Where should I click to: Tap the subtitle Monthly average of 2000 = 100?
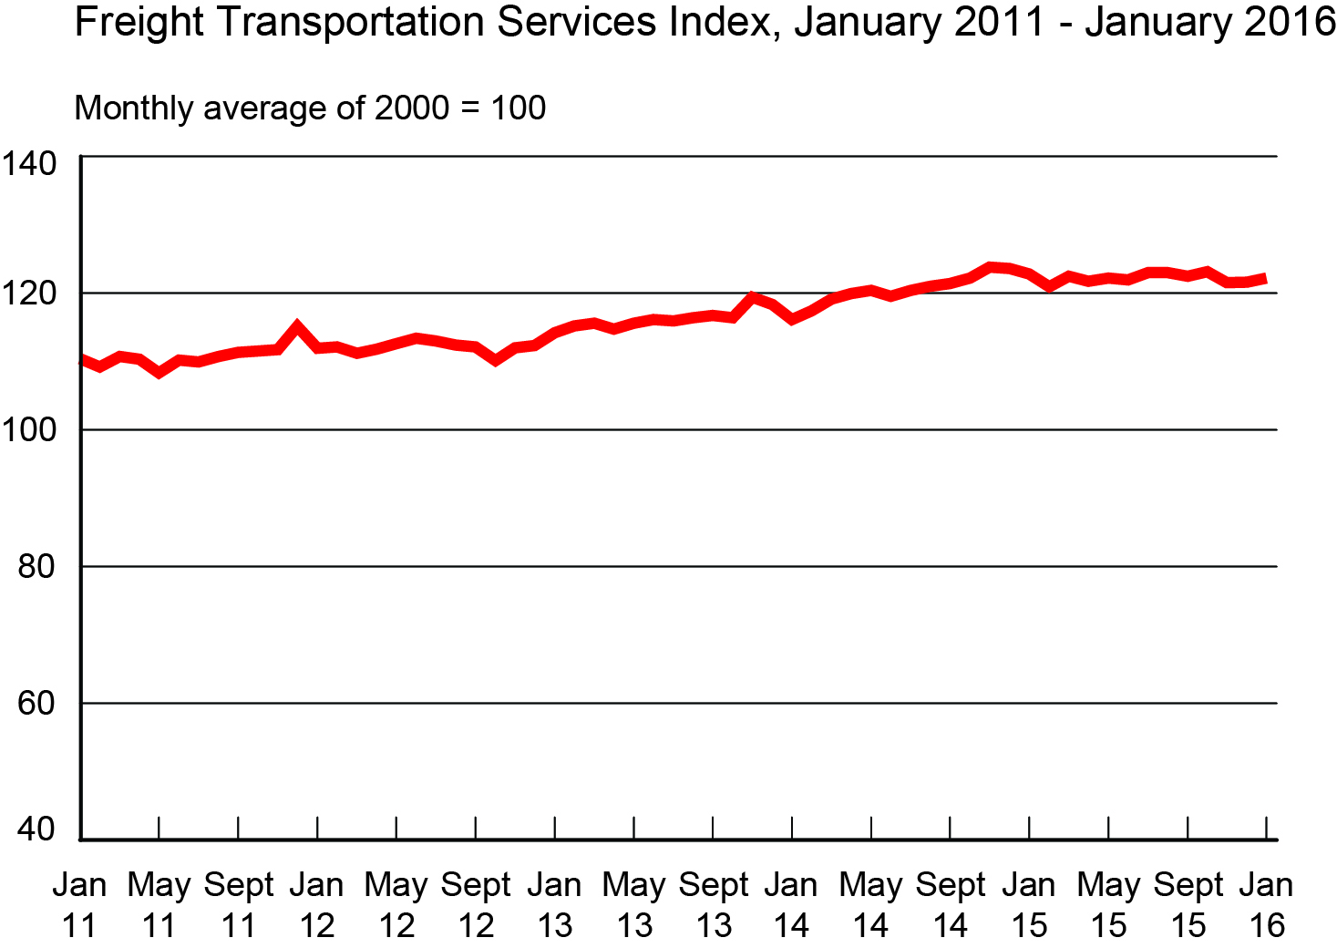coord(310,108)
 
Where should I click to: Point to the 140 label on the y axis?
coord(30,164)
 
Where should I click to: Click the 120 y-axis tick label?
coord(30,294)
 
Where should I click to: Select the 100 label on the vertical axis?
coord(30,429)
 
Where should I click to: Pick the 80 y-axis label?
coord(36,566)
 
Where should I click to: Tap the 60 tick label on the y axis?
coord(36,703)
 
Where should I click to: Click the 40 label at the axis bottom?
coord(36,829)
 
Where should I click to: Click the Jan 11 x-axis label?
coord(80,904)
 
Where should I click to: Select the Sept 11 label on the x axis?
coord(239,904)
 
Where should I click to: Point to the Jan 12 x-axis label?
coord(317,904)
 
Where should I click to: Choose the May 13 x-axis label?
coord(634,904)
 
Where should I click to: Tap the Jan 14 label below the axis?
coord(791,904)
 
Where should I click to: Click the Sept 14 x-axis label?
coord(951,904)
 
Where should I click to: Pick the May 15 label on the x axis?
coord(1108,904)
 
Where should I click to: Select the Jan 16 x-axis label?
coord(1266,904)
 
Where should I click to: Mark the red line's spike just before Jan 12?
coord(297,326)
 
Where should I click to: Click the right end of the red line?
coord(1264,279)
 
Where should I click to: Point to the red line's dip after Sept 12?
coord(495,360)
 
